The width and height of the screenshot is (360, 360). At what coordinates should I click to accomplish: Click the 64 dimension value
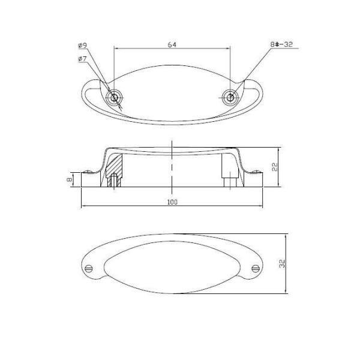tap(172, 44)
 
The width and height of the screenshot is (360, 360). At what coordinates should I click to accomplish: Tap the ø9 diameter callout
tap(83, 45)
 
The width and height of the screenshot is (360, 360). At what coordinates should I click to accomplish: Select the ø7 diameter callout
tap(82, 59)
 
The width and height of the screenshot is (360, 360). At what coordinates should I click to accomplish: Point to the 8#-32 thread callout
tap(281, 44)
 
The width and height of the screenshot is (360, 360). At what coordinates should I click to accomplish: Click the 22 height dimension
tap(275, 167)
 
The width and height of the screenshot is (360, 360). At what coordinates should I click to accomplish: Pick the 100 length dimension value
tap(172, 202)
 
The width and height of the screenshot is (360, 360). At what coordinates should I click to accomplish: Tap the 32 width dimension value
tap(282, 263)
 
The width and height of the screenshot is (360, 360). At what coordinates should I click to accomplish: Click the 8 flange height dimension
tap(69, 179)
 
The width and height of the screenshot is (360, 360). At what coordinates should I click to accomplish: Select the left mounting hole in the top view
tap(114, 98)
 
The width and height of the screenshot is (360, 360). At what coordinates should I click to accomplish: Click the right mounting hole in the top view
tap(230, 98)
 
